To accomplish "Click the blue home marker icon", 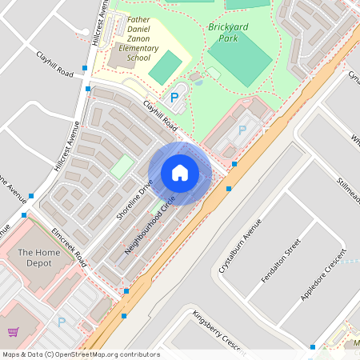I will (x=180, y=173).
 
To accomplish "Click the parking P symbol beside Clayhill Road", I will (x=174, y=98).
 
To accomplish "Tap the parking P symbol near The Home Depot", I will (x=62, y=322).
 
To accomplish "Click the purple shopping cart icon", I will (x=14, y=331).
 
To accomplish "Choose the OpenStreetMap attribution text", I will (x=81, y=354).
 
